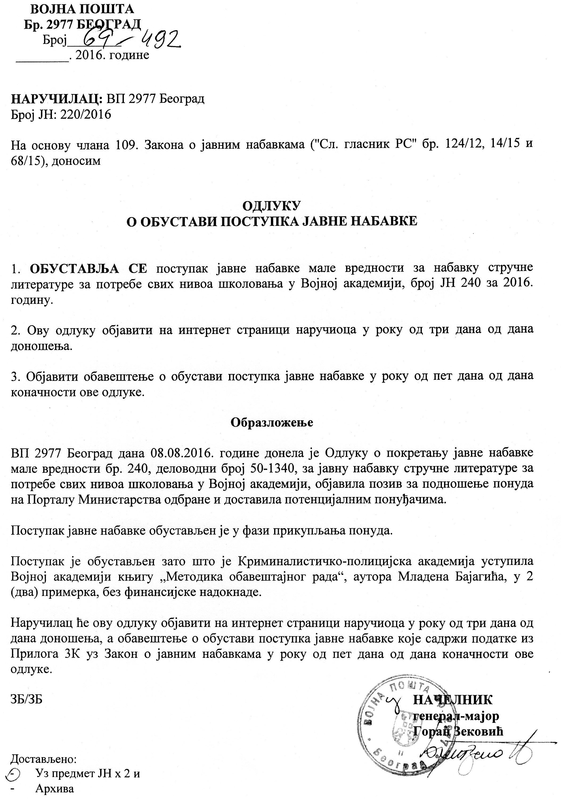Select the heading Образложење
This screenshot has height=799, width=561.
(272, 422)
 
